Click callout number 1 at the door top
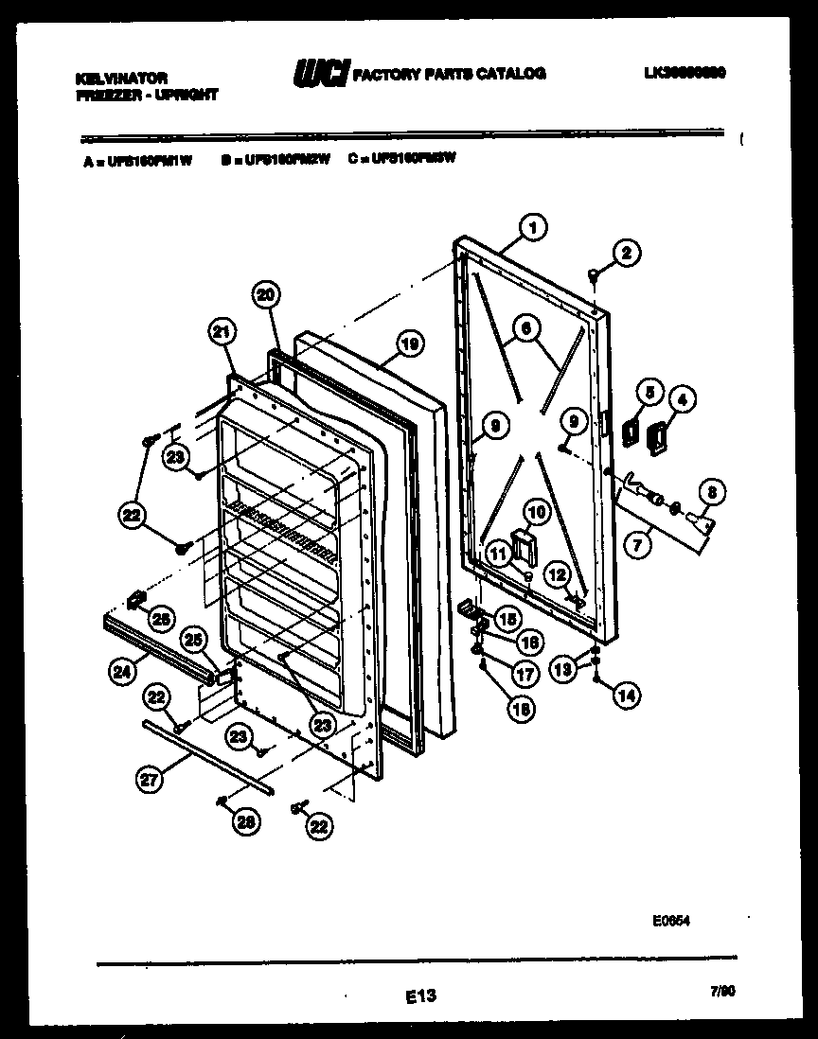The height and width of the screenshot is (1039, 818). pos(534,227)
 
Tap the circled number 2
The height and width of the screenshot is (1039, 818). pos(625,253)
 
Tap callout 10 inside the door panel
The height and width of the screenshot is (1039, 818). pos(536,512)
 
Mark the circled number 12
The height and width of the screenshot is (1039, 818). pos(557,574)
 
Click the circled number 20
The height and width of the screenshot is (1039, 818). pos(266,295)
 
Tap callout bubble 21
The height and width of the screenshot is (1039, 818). pos(221,331)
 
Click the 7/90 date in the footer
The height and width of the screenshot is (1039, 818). pos(721,991)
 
